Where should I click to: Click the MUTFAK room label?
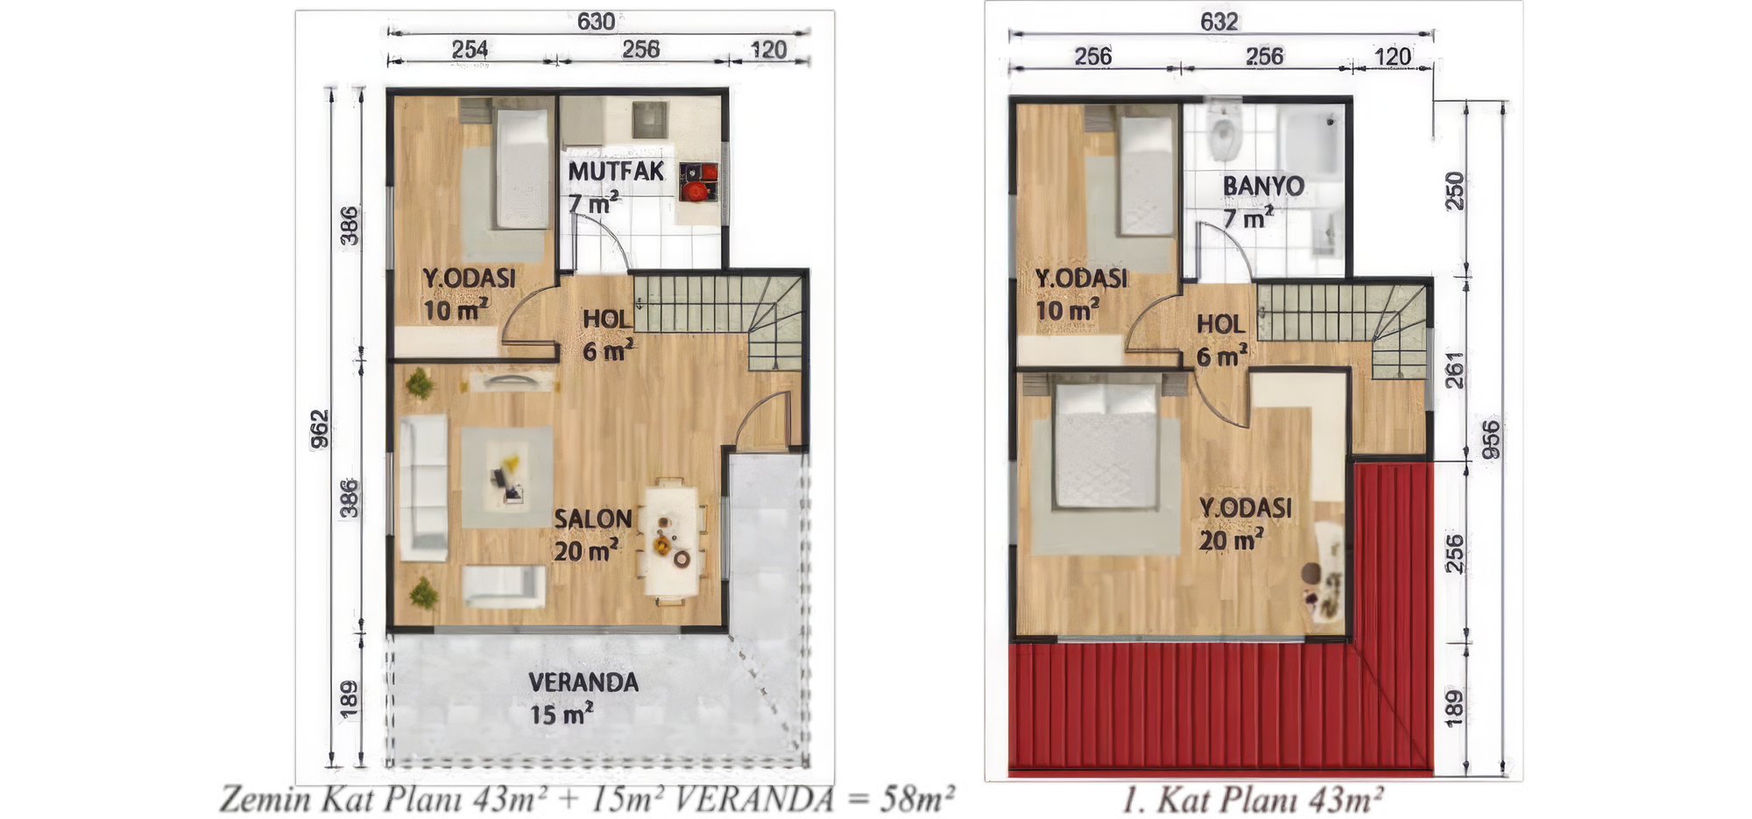tap(616, 171)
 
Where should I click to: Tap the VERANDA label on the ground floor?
tap(583, 682)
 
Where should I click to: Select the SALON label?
tap(593, 519)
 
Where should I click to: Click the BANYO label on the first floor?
tap(1263, 186)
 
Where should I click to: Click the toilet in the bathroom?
tap(1222, 133)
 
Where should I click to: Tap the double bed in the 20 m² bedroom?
tap(1106, 445)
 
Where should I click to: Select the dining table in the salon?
tap(672, 540)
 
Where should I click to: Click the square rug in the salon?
tap(507, 477)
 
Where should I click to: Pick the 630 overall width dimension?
tap(596, 21)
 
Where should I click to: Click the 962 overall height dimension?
tap(321, 428)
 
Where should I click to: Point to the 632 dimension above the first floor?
tap(1219, 21)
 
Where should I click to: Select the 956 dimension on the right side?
tap(1490, 439)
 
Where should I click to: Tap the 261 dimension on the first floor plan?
tap(1454, 371)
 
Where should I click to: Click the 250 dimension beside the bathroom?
tap(1454, 190)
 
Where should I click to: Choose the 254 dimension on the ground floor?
tap(470, 49)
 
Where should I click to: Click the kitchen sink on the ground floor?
tap(650, 120)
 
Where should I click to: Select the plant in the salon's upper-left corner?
tap(420, 383)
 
